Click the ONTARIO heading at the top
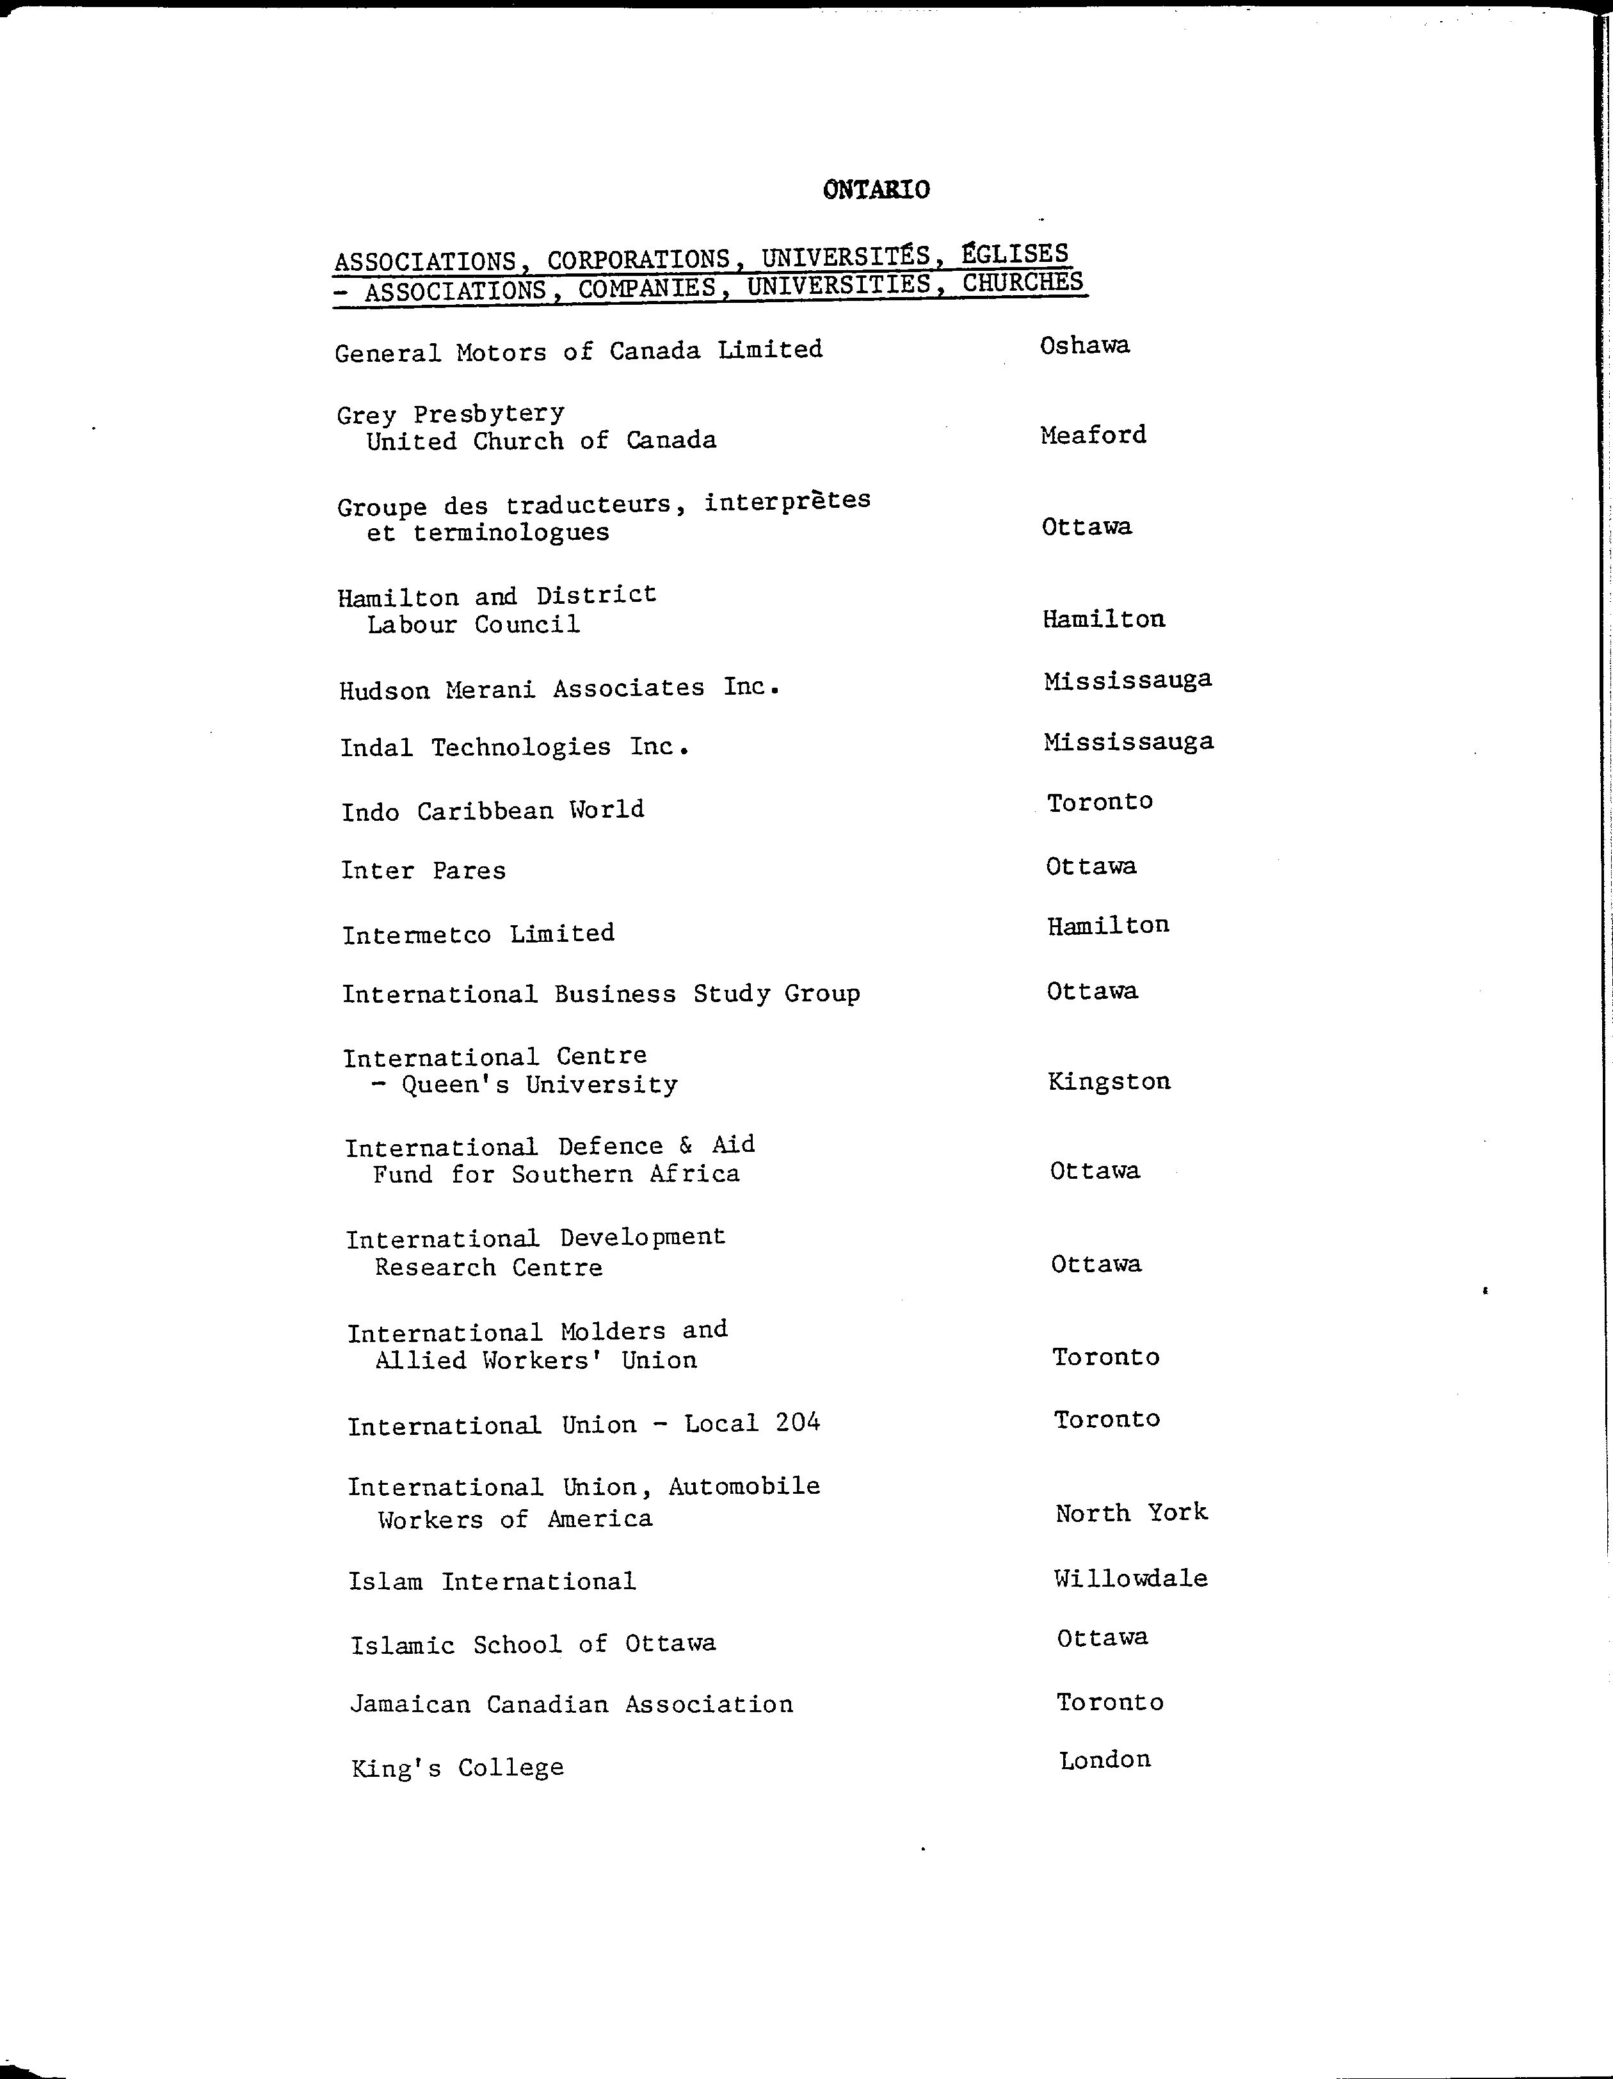[x=876, y=190]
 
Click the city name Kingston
[x=1109, y=1081]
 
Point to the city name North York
[x=1130, y=1512]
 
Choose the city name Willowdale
[x=1130, y=1578]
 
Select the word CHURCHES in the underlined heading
[x=1022, y=283]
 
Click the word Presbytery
[x=488, y=414]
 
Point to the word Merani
[x=490, y=689]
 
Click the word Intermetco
[x=416, y=935]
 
